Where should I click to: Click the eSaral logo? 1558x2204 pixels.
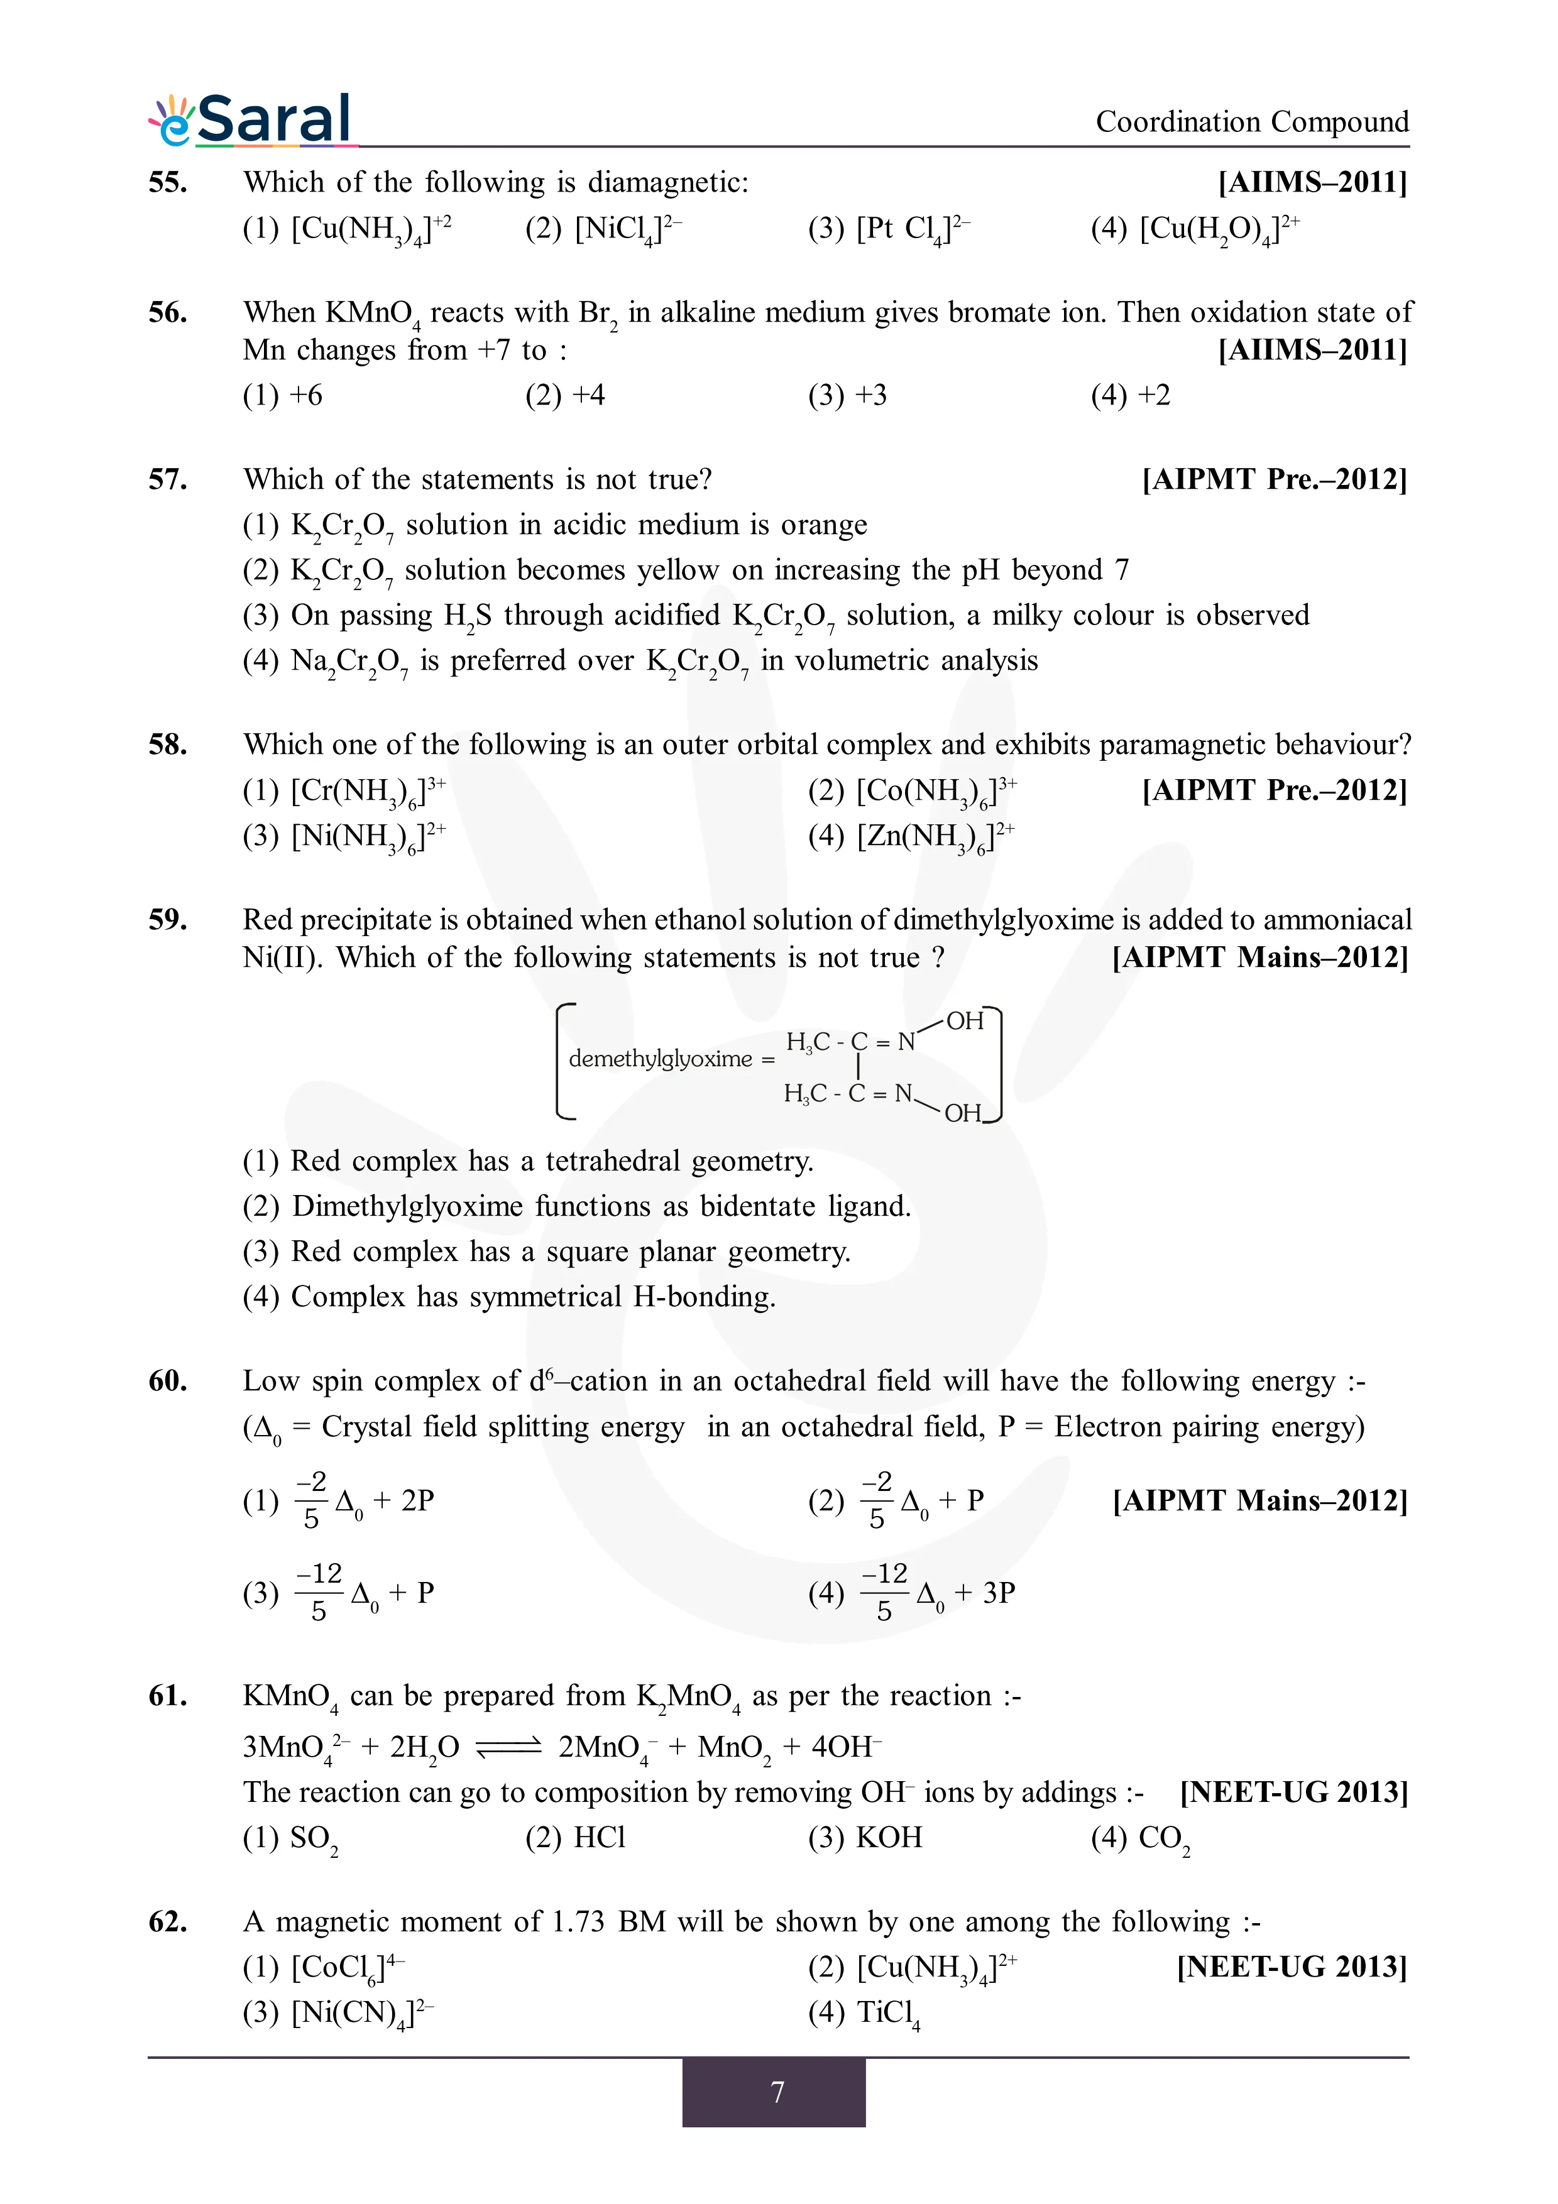[251, 120]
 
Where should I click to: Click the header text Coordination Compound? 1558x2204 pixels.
[1252, 122]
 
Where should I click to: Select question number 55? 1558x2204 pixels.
[168, 182]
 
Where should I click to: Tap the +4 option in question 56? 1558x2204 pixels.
[566, 395]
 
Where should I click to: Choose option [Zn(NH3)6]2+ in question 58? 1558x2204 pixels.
[911, 836]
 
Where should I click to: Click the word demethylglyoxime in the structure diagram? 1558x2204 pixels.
[661, 1059]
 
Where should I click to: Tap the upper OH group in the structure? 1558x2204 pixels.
[965, 1022]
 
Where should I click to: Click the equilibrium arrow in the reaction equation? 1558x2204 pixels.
[509, 1747]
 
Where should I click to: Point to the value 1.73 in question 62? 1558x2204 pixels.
[578, 1922]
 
